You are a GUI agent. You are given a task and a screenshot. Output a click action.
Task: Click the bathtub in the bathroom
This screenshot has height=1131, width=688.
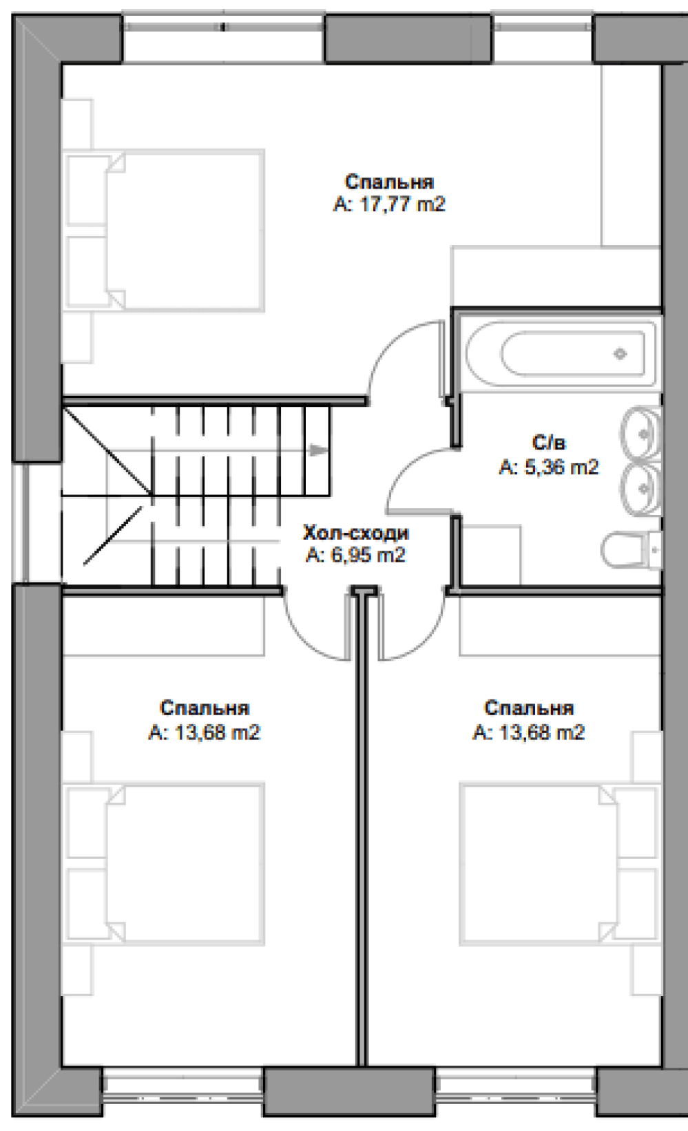[x=561, y=354]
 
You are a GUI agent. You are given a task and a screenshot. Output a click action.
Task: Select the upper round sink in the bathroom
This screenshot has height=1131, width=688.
[x=640, y=433]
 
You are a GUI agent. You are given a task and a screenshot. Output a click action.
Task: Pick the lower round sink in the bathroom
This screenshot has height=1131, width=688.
[x=640, y=489]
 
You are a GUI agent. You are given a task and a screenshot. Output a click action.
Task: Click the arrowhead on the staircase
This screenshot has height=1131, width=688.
[x=317, y=450]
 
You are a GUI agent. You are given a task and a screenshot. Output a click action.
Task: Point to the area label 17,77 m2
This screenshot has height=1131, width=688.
[x=389, y=205]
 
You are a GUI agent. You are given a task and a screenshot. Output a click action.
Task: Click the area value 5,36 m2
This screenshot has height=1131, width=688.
[x=549, y=467]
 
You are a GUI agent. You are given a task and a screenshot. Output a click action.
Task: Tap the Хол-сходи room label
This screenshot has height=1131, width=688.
[x=355, y=533]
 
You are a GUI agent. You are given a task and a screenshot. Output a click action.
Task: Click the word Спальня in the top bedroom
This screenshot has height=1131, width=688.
[x=389, y=181]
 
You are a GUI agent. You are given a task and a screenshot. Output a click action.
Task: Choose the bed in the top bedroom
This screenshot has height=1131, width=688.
[x=165, y=230]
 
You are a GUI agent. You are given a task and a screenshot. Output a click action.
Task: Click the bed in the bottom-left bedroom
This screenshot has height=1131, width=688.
[x=165, y=864]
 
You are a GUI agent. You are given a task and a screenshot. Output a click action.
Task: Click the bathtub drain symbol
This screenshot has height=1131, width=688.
[x=621, y=354]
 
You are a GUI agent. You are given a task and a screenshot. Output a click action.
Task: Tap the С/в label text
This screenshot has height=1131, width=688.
[x=549, y=443]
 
